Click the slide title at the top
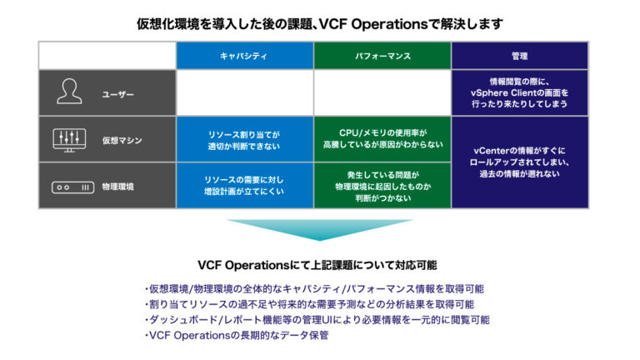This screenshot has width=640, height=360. click(320, 23)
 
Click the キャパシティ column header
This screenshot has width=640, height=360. click(244, 55)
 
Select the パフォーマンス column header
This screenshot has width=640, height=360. click(382, 55)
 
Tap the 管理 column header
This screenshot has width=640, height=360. click(519, 55)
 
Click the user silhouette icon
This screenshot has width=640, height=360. click(69, 92)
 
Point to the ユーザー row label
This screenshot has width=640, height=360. click(117, 94)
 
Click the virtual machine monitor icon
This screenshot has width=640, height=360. click(69, 139)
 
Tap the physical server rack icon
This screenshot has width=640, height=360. click(69, 186)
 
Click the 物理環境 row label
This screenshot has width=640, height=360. click(117, 187)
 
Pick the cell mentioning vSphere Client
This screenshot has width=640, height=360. click(519, 92)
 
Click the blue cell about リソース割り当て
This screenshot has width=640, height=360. click(244, 139)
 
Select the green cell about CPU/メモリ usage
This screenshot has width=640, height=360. click(382, 139)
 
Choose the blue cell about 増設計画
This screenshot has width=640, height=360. click(244, 186)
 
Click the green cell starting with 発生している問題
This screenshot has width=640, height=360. click(382, 186)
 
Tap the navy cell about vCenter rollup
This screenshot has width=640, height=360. click(519, 162)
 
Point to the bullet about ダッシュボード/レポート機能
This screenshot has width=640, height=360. click(317, 319)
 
